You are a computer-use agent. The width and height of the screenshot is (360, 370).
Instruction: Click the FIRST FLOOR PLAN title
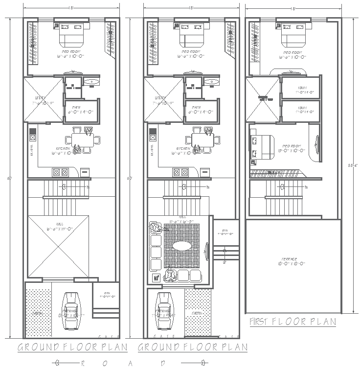292,322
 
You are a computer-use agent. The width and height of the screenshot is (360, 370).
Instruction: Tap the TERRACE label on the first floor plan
293,261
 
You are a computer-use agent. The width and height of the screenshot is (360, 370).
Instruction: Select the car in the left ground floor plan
71,311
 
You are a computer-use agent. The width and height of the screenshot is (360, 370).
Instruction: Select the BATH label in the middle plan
196,108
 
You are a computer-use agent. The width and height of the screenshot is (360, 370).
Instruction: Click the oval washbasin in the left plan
91,82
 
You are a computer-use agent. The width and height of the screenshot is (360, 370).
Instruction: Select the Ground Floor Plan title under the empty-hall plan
72,347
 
